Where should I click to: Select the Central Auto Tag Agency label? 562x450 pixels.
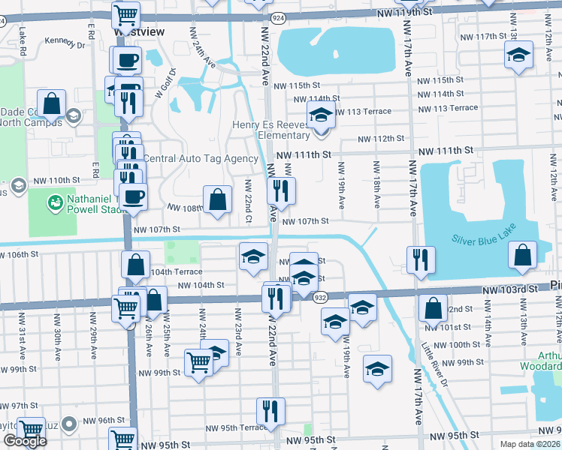[201, 158]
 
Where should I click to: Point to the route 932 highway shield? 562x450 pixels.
[319, 297]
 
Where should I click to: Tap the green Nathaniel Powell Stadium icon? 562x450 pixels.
[54, 202]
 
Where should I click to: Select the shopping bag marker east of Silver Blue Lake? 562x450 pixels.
[522, 255]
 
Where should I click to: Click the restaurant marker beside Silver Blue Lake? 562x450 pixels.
[420, 259]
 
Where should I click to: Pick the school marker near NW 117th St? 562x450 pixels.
[517, 57]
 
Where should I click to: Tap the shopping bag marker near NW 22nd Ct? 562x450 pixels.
[217, 199]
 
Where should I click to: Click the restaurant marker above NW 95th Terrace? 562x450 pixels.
[270, 410]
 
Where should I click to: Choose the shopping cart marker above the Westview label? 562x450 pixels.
[125, 14]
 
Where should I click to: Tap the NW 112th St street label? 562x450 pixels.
[381, 139]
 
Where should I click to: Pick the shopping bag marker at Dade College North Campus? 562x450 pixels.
[52, 103]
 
